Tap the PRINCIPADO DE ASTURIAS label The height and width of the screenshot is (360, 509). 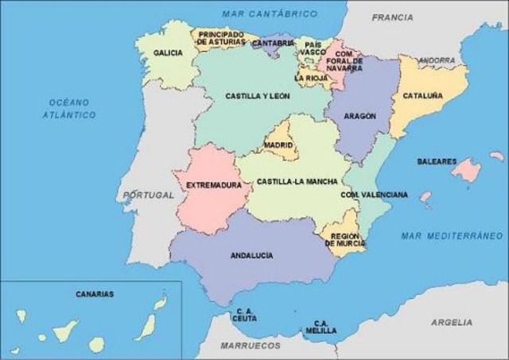(x=221, y=38)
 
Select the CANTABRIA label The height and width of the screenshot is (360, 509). (x=273, y=43)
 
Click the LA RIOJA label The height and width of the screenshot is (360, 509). (x=310, y=79)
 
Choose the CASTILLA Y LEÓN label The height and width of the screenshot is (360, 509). (x=257, y=96)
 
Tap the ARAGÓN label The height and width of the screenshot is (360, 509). (x=359, y=116)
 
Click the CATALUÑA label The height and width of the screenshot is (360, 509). (x=422, y=96)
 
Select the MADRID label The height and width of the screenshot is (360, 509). (x=279, y=145)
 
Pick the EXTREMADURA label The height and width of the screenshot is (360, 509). (x=213, y=185)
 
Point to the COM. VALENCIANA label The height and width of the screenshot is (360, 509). (x=374, y=194)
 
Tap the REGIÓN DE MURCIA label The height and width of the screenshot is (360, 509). (x=346, y=240)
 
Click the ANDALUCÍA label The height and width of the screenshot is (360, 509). (x=251, y=255)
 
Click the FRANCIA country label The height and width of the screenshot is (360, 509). (x=392, y=17)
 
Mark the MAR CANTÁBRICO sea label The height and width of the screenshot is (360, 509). (x=270, y=14)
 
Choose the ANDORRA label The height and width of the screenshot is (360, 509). (x=437, y=60)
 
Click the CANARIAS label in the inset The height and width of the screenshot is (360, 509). (x=95, y=294)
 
